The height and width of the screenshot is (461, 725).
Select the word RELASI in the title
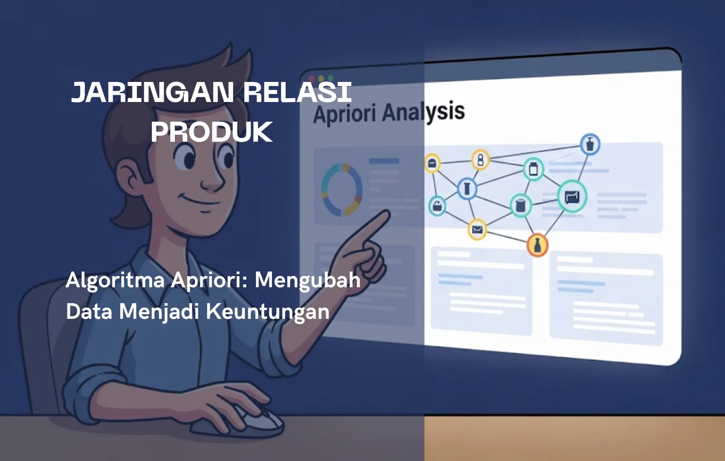(297, 92)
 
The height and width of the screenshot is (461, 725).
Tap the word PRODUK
(212, 132)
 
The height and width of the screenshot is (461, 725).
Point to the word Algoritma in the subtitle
(115, 280)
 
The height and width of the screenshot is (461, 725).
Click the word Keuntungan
(268, 312)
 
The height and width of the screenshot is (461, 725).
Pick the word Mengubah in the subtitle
(307, 280)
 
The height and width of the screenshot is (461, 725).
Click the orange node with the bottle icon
(537, 245)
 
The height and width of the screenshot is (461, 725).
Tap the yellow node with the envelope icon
(477, 230)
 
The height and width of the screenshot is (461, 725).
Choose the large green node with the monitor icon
(572, 197)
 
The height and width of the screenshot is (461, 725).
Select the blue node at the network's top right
(590, 144)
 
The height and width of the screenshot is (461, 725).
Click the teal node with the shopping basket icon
(437, 207)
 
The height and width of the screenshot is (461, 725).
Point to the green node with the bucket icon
(521, 205)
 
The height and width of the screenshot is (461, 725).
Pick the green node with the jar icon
(534, 169)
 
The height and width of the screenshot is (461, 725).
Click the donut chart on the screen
(342, 190)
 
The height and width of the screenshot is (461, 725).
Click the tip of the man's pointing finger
(387, 213)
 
